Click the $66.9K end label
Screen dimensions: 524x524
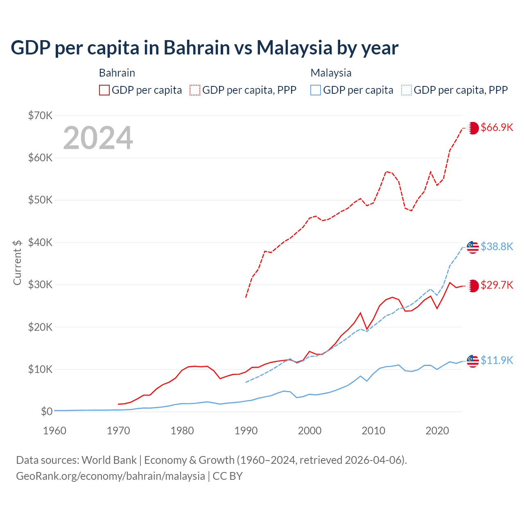point(497,127)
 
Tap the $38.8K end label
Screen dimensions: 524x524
point(497,246)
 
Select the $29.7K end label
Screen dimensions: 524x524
point(497,285)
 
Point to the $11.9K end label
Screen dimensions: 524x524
point(497,360)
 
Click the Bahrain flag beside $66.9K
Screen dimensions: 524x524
point(473,128)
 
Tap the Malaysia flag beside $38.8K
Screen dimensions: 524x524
point(473,247)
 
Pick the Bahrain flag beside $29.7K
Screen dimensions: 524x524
point(473,286)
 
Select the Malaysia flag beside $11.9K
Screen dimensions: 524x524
point(473,361)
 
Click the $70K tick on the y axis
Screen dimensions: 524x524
point(40,115)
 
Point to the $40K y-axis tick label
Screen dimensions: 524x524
point(40,242)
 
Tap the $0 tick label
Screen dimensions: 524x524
point(47,411)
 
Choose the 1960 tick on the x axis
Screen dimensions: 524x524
point(55,431)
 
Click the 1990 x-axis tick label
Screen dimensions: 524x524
point(246,431)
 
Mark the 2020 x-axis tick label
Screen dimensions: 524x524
point(437,431)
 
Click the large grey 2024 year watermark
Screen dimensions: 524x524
point(98,138)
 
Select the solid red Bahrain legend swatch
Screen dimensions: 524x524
point(104,90)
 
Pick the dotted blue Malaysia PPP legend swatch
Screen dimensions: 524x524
point(407,90)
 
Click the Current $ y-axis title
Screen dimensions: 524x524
point(17,262)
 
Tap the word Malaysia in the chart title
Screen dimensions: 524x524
point(294,48)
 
